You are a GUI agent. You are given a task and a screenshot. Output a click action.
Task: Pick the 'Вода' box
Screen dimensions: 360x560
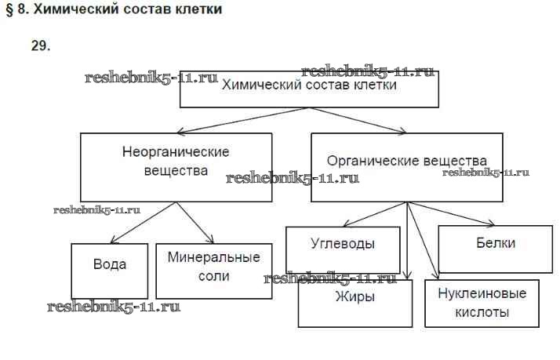coord(110,270)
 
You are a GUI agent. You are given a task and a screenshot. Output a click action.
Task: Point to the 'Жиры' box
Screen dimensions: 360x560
coord(355,302)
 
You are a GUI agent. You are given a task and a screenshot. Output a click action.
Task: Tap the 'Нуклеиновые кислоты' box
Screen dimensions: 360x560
coord(482,302)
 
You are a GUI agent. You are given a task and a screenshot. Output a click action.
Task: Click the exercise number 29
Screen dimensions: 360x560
coord(41,46)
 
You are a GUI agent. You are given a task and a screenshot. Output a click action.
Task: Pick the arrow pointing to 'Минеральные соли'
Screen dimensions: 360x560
coord(194,221)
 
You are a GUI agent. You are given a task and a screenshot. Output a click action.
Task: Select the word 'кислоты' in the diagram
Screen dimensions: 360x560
coord(482,312)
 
